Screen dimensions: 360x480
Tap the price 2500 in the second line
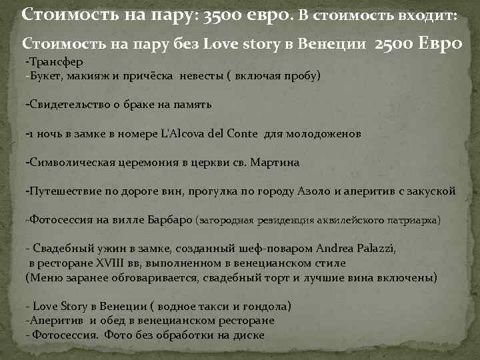point(395,44)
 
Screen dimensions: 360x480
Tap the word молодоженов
point(323,133)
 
